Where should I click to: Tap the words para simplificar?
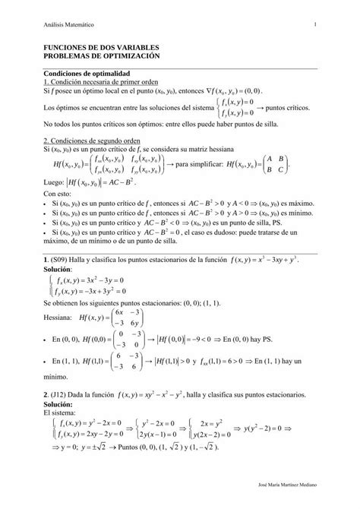(201, 165)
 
